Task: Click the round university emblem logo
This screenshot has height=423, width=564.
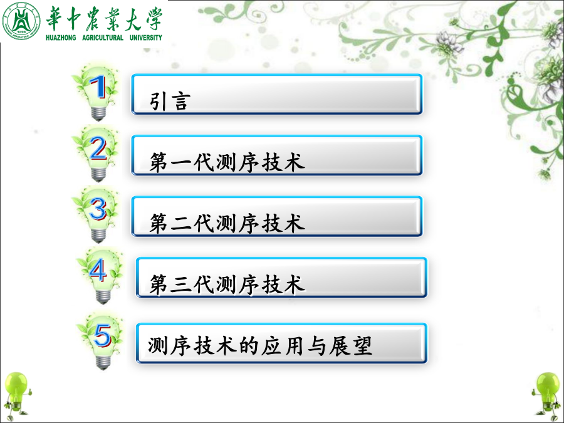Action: (x=21, y=21)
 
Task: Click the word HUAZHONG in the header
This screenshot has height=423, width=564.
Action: (x=61, y=38)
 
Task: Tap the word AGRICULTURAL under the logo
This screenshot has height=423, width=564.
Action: (x=103, y=38)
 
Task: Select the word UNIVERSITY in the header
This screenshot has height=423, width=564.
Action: (x=145, y=38)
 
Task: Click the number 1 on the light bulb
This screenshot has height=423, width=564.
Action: (x=98, y=86)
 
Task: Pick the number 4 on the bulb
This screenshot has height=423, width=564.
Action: (x=98, y=270)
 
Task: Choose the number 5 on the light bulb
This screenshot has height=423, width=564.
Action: (x=103, y=336)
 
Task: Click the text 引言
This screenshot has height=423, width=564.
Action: (x=169, y=100)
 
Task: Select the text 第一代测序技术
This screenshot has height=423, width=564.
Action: (x=227, y=162)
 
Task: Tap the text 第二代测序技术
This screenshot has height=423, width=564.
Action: (x=227, y=222)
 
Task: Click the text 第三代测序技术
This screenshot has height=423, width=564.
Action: (x=227, y=284)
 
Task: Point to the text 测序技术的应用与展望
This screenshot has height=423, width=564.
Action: (x=259, y=346)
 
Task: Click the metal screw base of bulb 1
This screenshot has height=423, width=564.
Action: (x=98, y=113)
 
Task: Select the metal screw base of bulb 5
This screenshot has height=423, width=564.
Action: (x=103, y=363)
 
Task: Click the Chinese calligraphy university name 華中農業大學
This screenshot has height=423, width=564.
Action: (x=104, y=18)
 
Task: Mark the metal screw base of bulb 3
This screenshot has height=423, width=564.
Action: (x=98, y=236)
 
